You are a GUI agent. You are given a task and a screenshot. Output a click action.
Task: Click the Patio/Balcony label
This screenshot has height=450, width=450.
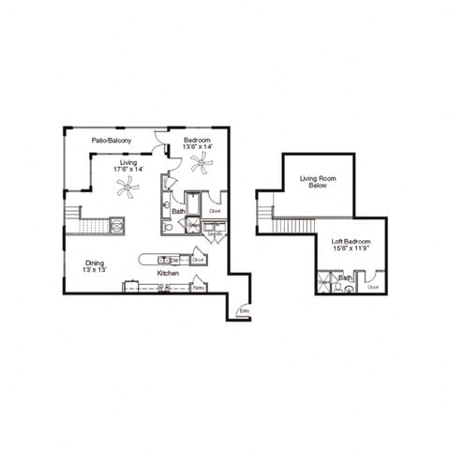pyautogui.click(x=111, y=141)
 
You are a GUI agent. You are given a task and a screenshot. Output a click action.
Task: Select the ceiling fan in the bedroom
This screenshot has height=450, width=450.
pyautogui.click(x=200, y=163)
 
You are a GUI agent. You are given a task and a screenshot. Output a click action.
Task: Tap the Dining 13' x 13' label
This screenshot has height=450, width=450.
pyautogui.click(x=95, y=266)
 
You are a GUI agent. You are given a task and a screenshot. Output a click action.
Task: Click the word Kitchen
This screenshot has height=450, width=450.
pyautogui.click(x=168, y=273)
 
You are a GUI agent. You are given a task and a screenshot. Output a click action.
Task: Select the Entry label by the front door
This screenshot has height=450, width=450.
pyautogui.click(x=244, y=310)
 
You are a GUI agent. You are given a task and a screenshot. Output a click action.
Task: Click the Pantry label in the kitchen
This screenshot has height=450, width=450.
pyautogui.click(x=198, y=288)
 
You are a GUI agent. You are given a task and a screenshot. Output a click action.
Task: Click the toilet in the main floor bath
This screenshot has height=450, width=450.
pyautogui.click(x=168, y=226)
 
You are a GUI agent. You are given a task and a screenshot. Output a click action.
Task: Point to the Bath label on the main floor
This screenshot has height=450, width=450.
pyautogui.click(x=178, y=212)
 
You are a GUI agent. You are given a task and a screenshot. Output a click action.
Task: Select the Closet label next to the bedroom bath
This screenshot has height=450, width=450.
pyautogui.click(x=215, y=211)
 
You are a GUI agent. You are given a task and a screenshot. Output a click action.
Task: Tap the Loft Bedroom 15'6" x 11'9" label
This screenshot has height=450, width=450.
pyautogui.click(x=352, y=246)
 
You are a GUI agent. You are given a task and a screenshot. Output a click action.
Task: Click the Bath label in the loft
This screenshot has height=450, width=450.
pyautogui.click(x=346, y=277)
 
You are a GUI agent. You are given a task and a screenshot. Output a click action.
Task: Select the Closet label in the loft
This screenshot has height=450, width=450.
pyautogui.click(x=373, y=287)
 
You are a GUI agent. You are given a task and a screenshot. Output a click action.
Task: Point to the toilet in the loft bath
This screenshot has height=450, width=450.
pyautogui.click(x=349, y=289)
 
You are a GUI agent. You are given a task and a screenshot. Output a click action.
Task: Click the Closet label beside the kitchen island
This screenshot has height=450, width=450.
pyautogui.click(x=198, y=260)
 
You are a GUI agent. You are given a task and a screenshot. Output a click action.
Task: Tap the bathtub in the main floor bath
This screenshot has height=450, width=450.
pyautogui.click(x=192, y=203)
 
